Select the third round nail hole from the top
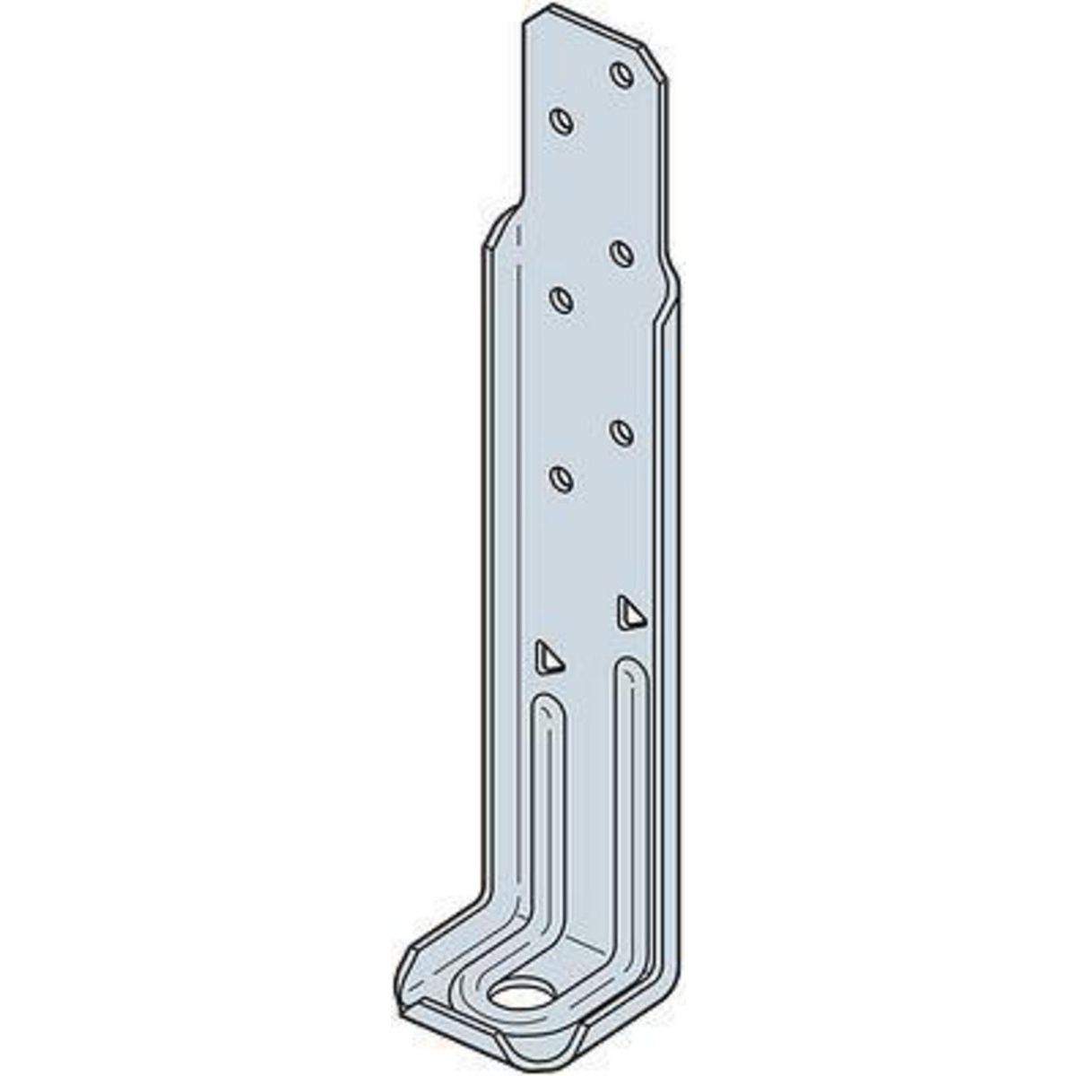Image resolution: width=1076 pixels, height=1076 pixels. click(620, 251)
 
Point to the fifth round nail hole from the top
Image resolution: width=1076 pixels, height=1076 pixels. click(620, 430)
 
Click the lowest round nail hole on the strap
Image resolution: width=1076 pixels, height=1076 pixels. click(561, 477)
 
